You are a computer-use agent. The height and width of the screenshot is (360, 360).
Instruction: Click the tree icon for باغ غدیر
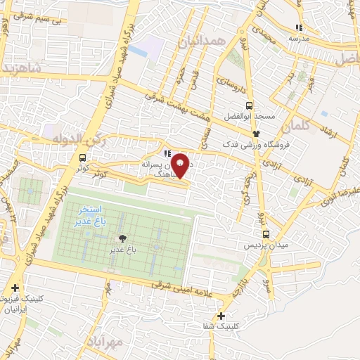coord(124,239)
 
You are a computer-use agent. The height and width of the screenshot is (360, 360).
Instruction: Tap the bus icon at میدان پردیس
coord(266,234)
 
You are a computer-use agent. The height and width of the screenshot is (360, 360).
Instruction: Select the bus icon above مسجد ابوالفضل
coord(251,104)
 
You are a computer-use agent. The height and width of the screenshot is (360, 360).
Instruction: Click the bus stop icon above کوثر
coord(84,157)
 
